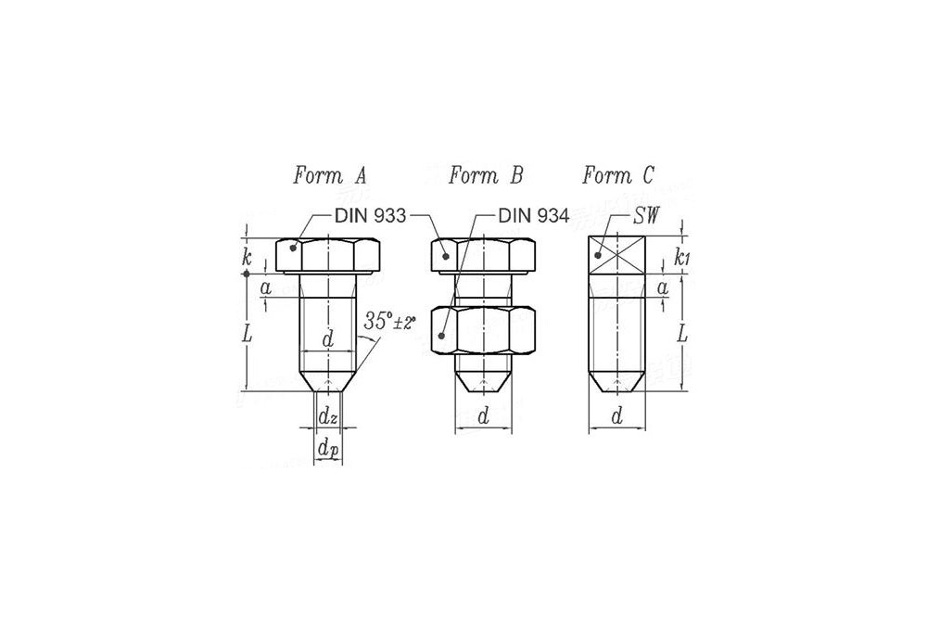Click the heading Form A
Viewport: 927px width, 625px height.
pyautogui.click(x=329, y=175)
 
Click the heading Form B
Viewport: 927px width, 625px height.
pyautogui.click(x=486, y=175)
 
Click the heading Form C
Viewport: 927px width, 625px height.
pyautogui.click(x=618, y=175)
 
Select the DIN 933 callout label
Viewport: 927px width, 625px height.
pyautogui.click(x=370, y=216)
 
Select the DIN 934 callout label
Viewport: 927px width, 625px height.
pyautogui.click(x=533, y=216)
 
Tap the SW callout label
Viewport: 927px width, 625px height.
pyautogui.click(x=645, y=216)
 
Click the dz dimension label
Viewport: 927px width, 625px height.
pyautogui.click(x=327, y=417)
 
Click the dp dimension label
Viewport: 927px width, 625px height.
pyautogui.click(x=328, y=449)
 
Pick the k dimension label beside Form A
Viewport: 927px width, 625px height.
pyautogui.click(x=247, y=258)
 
